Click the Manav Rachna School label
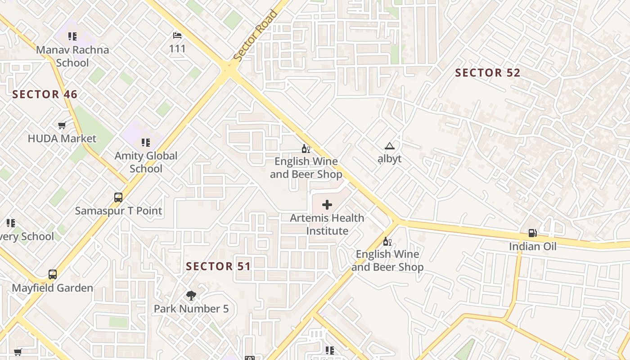[72, 56]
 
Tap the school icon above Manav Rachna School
[72, 36]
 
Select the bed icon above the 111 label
[177, 35]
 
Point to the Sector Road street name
[256, 36]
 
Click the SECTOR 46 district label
[45, 94]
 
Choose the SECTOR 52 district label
[487, 73]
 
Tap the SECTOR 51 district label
[218, 266]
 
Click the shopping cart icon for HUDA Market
[62, 125]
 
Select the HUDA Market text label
[62, 139]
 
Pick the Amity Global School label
[146, 162]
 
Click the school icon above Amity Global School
[146, 143]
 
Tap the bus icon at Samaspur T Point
[118, 197]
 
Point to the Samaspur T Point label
[118, 211]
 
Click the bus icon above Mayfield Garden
[53, 274]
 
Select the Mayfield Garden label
[53, 288]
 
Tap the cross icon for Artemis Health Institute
[327, 205]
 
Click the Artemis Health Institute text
[327, 224]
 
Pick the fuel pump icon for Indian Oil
[533, 233]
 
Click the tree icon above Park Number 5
[191, 295]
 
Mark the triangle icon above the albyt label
[389, 146]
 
